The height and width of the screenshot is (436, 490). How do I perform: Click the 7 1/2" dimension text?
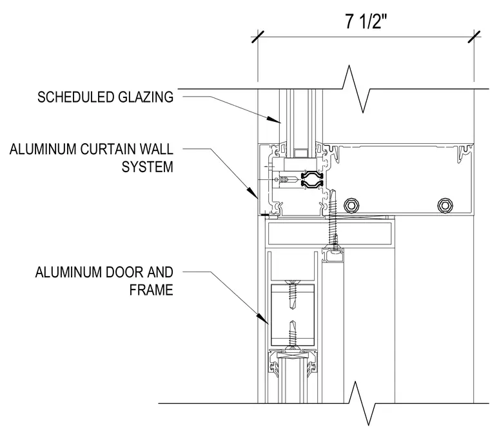(x=366, y=21)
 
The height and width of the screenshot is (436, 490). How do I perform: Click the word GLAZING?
(x=146, y=97)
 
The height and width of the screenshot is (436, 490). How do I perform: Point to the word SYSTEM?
(x=147, y=166)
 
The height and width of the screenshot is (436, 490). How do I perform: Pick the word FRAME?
(x=152, y=290)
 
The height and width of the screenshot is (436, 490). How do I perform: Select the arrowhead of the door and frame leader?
(x=263, y=319)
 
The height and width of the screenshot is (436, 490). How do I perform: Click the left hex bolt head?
(x=351, y=205)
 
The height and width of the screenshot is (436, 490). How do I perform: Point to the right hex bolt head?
(x=445, y=205)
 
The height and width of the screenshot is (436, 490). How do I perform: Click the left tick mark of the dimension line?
(x=258, y=37)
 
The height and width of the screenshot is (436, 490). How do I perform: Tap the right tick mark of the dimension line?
(x=474, y=37)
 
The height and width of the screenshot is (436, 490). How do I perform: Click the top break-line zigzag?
(x=356, y=89)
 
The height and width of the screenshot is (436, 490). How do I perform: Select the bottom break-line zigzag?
(x=362, y=404)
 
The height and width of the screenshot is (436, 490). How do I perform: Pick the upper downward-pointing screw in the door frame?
(x=293, y=295)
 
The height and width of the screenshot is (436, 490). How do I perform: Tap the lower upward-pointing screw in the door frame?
(x=293, y=334)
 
